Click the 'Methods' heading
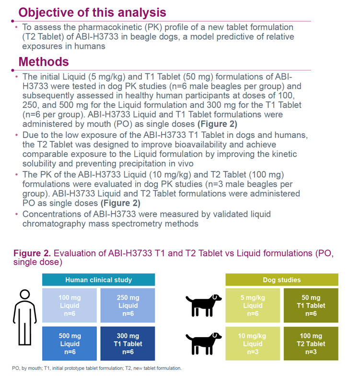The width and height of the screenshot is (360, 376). coord(44,62)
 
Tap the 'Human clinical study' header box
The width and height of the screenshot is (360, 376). coord(98,280)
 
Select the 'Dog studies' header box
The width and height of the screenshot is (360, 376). coord(282,280)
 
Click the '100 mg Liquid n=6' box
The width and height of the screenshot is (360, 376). coord(70,306)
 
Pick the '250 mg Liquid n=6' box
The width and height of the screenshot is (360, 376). coord(128,306)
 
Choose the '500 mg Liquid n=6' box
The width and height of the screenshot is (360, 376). coord(70,343)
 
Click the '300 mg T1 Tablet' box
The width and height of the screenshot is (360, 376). coord(128,343)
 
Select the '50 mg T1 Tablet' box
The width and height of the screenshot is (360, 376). coord(311,306)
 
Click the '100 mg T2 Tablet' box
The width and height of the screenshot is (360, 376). coord(311,343)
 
